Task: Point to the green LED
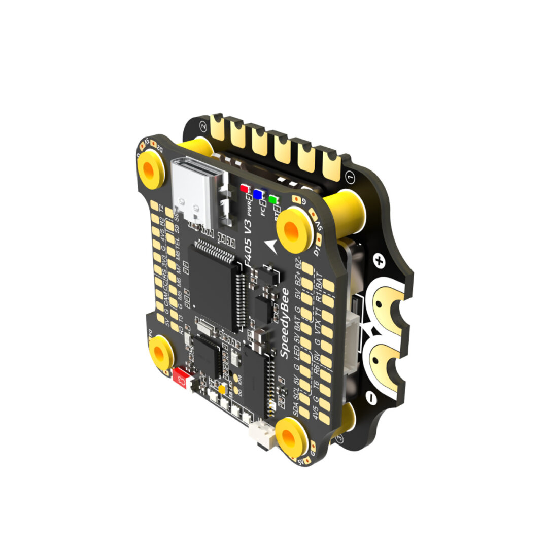point(273,199)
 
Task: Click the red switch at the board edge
point(180,376)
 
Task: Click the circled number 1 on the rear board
point(349,177)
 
